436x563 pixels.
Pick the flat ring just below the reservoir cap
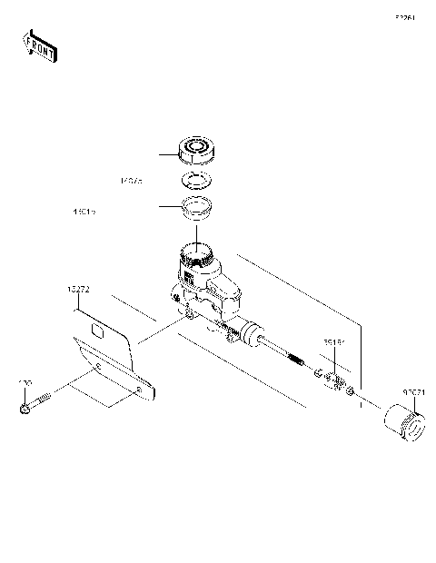(193, 178)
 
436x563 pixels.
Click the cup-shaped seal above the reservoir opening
(194, 208)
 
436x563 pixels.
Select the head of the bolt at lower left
(25, 413)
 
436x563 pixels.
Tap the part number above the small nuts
(335, 344)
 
